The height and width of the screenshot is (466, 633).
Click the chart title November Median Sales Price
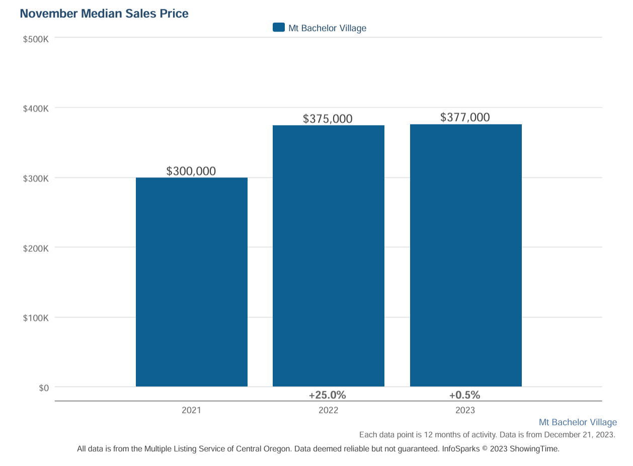click(104, 14)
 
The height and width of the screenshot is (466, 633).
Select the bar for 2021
click(191, 282)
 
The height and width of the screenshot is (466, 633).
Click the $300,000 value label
click(191, 171)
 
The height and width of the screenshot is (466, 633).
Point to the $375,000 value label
click(328, 119)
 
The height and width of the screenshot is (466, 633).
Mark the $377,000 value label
click(465, 117)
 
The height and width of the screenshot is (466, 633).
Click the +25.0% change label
click(328, 395)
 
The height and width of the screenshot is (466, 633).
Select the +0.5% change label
click(465, 395)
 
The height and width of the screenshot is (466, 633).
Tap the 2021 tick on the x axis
click(191, 410)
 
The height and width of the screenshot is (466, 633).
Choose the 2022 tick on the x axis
click(328, 410)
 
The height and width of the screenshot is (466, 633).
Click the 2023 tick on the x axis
click(465, 410)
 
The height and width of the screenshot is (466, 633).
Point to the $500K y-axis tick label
click(36, 39)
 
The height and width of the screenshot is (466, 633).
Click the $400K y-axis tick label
click(36, 109)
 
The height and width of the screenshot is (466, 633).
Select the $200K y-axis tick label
click(36, 248)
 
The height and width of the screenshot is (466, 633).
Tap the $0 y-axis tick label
click(44, 388)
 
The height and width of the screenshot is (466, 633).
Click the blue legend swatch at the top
click(279, 28)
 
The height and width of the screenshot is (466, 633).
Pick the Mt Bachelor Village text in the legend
click(327, 28)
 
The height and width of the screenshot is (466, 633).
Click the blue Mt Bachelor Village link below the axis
click(578, 422)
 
